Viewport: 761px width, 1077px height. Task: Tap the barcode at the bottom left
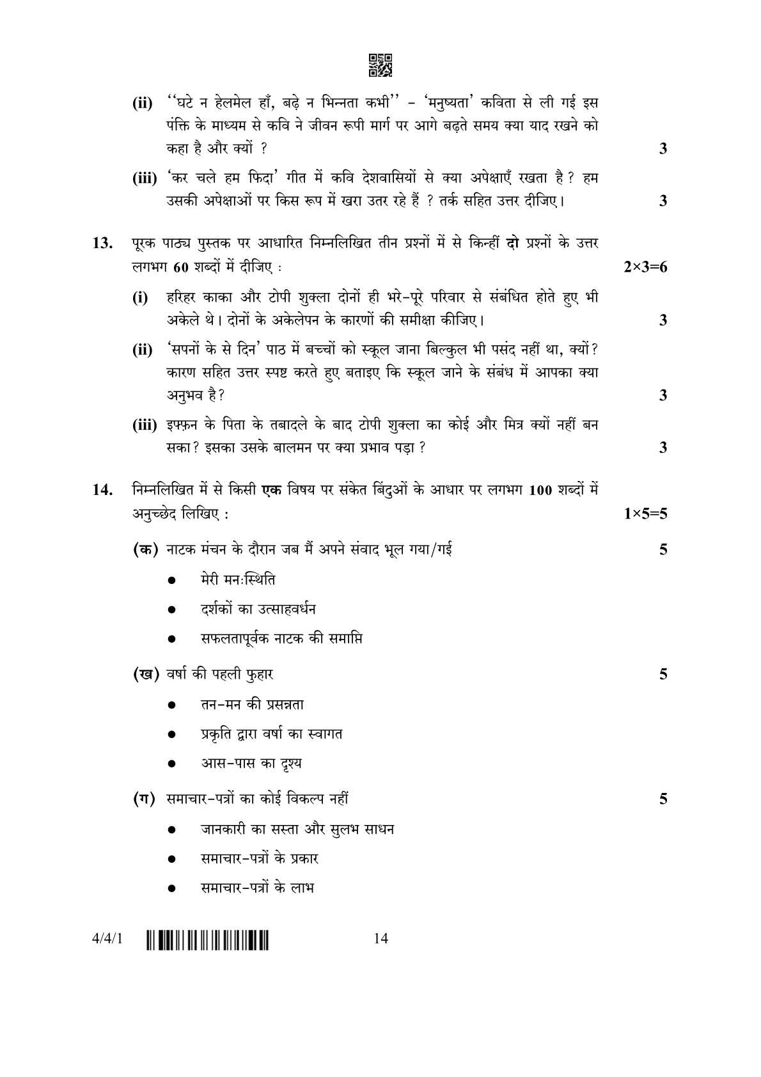[208, 939]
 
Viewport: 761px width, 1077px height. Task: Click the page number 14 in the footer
[381, 939]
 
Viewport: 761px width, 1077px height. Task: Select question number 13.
[102, 243]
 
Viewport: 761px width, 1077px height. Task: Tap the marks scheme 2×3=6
[645, 267]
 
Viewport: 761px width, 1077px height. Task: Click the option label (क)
[145, 549]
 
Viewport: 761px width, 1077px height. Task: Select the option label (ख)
[145, 674]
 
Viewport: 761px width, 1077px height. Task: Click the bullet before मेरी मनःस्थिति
[172, 581]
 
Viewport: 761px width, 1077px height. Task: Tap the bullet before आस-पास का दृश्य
[172, 764]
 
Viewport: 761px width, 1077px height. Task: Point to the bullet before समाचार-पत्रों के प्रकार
[172, 860]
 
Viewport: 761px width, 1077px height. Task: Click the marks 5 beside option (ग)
[663, 799]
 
